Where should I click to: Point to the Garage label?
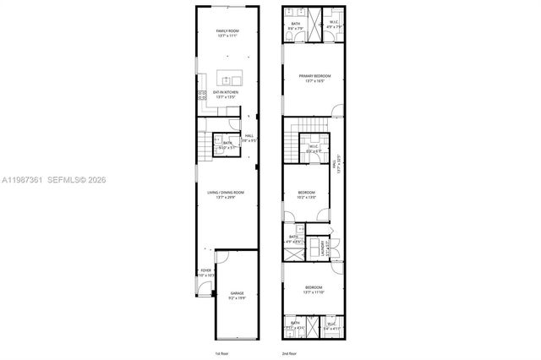(238, 295)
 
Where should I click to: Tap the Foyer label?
(205, 273)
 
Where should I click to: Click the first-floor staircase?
(202, 147)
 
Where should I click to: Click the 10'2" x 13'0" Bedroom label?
(306, 194)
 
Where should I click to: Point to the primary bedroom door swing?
(337, 111)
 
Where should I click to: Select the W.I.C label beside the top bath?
(334, 24)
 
